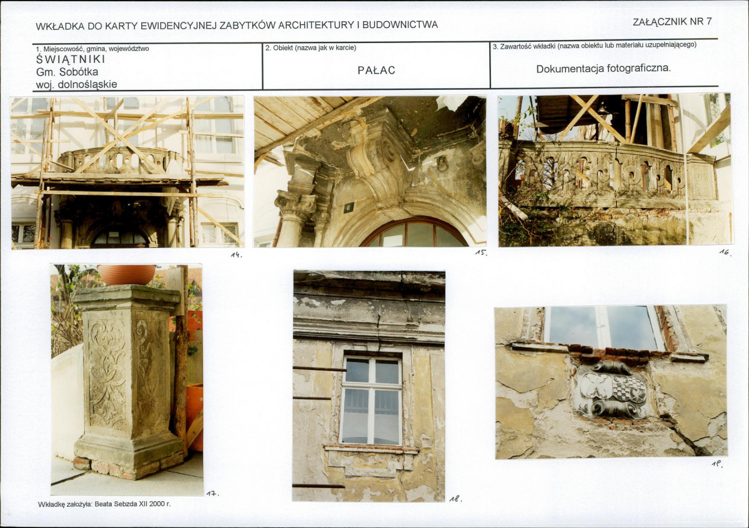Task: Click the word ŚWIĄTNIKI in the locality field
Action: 71,60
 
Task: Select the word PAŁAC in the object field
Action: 377,70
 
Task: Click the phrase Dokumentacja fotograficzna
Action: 603,68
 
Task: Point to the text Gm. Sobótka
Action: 67,72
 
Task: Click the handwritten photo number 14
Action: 237,255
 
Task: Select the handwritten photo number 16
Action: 725,252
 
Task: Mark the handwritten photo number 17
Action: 212,493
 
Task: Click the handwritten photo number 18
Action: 456,499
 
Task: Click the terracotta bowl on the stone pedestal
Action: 127,275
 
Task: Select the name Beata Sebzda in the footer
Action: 114,504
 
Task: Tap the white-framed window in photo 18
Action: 371,400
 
